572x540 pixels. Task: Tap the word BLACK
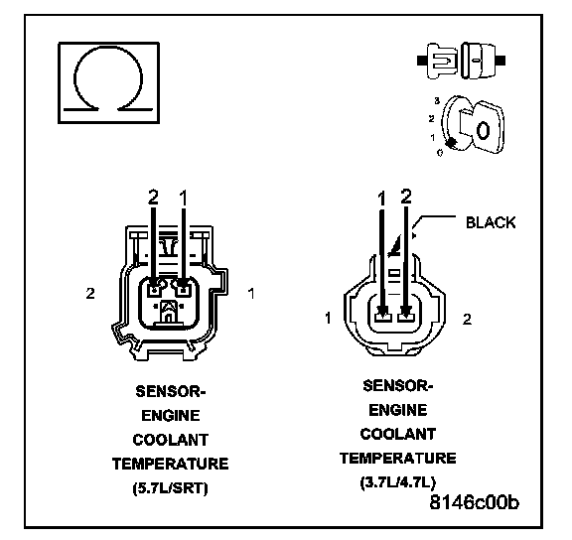click(491, 222)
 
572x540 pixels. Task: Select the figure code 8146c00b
click(475, 502)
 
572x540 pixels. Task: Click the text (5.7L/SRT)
click(171, 487)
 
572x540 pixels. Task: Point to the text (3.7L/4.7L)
click(398, 482)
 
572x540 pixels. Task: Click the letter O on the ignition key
click(483, 130)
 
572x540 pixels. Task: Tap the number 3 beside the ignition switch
click(437, 101)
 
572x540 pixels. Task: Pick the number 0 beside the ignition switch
click(440, 153)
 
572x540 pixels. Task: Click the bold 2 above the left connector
click(153, 198)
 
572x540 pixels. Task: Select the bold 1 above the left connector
click(184, 198)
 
